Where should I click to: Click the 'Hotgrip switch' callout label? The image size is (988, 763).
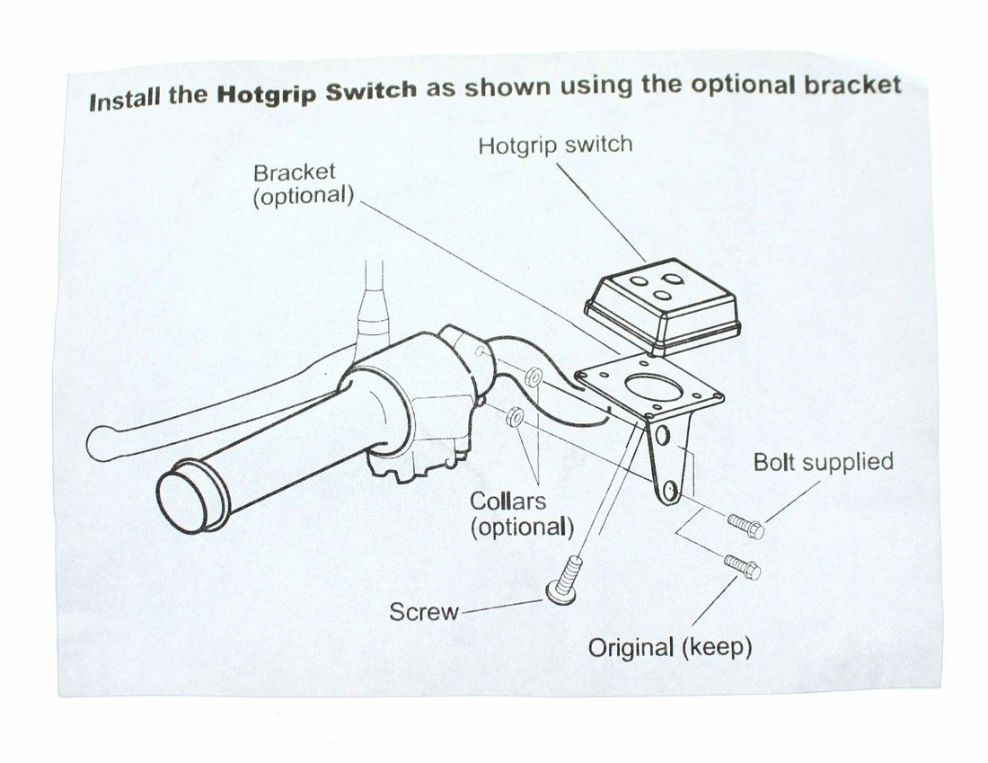554,145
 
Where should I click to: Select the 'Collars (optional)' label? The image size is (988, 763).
521,513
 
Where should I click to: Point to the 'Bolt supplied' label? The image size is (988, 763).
823,462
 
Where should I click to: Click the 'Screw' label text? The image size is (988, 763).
423,612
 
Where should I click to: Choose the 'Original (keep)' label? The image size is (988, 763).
669,647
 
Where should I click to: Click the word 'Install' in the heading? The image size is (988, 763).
124,99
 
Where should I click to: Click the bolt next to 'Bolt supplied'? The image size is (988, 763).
745,526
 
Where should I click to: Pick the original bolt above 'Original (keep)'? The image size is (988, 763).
743,566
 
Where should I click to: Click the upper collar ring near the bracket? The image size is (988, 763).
533,377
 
